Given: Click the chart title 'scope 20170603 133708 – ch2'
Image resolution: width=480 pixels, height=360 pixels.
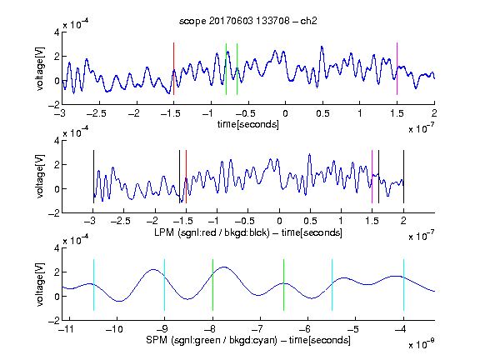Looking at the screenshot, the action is click(x=248, y=21).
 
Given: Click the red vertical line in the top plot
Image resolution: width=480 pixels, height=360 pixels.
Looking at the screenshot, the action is click(x=173, y=69).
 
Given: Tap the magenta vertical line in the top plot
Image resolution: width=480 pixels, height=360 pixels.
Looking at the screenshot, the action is click(x=397, y=69).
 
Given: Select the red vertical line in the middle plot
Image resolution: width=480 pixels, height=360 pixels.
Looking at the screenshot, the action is click(x=186, y=177).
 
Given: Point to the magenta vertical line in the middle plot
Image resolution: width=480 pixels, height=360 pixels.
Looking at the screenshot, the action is click(x=372, y=177).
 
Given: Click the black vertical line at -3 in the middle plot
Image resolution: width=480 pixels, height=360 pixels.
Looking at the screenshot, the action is click(x=93, y=177).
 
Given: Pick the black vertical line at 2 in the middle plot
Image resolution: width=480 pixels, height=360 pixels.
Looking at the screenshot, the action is click(x=403, y=177).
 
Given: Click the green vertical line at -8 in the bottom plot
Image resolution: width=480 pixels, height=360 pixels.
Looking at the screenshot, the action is click(x=212, y=285).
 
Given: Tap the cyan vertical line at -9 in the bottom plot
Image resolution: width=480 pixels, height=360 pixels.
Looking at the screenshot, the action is click(x=164, y=285).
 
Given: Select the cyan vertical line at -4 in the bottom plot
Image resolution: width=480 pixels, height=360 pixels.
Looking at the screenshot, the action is click(x=403, y=285).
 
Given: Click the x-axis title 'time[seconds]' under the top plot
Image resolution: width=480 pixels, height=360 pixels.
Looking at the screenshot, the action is click(x=248, y=125).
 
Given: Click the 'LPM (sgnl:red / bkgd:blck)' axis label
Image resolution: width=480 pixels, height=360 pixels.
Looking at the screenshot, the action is click(x=212, y=232).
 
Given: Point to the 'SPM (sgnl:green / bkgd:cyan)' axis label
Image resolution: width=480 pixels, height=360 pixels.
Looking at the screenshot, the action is click(x=212, y=340).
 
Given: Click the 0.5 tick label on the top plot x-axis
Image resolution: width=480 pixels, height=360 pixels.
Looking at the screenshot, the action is click(x=322, y=113).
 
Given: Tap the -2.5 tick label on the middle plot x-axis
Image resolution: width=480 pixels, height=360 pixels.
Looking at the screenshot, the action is click(x=121, y=221).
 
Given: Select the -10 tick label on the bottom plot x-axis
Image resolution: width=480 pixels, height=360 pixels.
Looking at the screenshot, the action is click(x=114, y=329).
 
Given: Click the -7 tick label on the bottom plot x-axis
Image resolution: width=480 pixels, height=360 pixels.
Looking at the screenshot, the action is click(x=260, y=329).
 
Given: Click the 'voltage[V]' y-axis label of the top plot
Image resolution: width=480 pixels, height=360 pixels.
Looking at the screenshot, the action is click(x=40, y=69).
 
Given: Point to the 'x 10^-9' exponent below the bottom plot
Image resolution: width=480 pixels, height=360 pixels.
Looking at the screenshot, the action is click(x=421, y=344).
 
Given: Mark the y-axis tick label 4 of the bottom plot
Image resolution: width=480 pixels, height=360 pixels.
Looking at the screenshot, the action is click(x=57, y=248).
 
